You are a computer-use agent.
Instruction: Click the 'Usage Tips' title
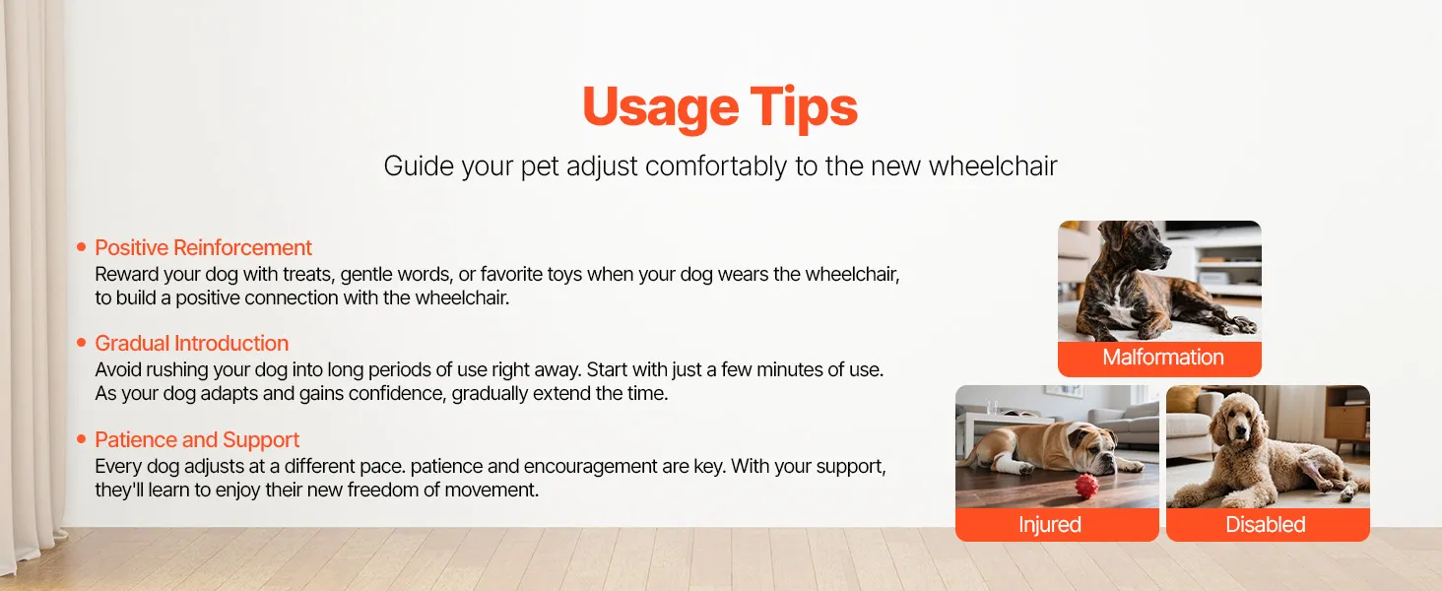pyautogui.click(x=720, y=107)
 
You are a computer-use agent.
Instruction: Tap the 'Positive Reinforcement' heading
pyautogui.click(x=204, y=248)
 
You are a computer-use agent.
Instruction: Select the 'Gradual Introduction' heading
pyautogui.click(x=191, y=343)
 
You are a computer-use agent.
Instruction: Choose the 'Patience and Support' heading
pyautogui.click(x=197, y=439)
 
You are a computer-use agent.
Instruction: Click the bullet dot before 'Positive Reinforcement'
pyautogui.click(x=81, y=246)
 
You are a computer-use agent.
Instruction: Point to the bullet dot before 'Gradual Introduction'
pyautogui.click(x=81, y=343)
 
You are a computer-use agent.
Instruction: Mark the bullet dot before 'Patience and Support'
pyautogui.click(x=81, y=439)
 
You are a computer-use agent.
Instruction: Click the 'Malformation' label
pyautogui.click(x=1162, y=358)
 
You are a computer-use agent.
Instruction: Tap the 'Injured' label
pyautogui.click(x=1049, y=525)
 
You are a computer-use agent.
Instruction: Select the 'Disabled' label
pyautogui.click(x=1265, y=525)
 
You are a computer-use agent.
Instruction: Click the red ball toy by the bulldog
pyautogui.click(x=1086, y=486)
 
